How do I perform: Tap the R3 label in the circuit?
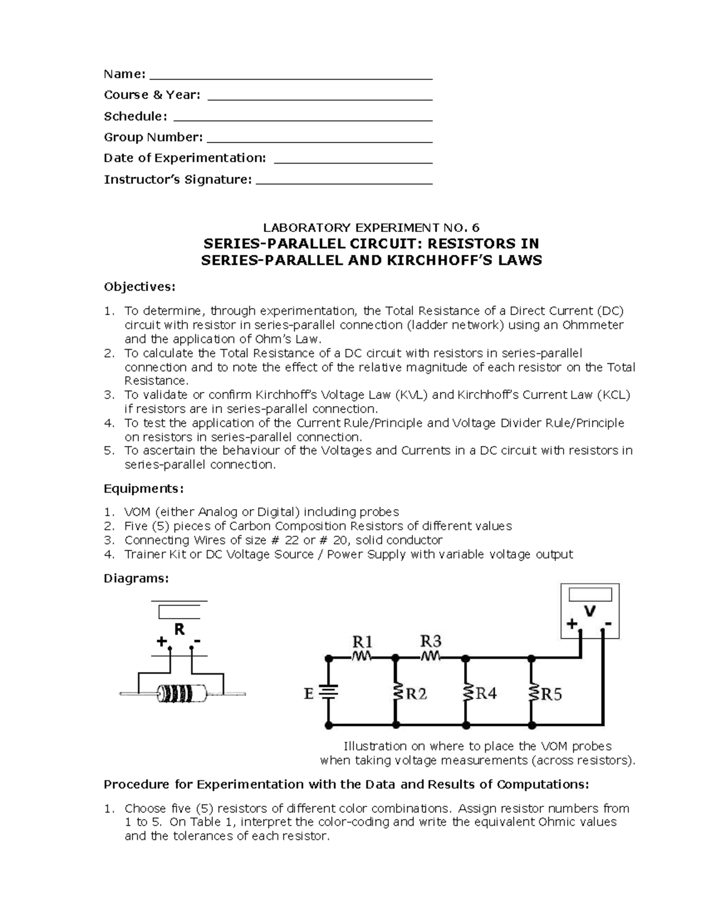pos(431,640)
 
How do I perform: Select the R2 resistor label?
pos(417,694)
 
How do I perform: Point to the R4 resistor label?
pos(486,694)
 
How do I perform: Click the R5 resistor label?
pos(551,694)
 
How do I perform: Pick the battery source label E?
pos(308,694)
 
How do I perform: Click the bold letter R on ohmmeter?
pos(179,629)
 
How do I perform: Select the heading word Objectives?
pos(139,287)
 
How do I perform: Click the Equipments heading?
pos(144,488)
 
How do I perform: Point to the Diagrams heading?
pos(136,578)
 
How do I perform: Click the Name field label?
pos(124,74)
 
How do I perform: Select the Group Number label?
pos(153,137)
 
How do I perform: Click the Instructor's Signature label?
pos(177,180)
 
